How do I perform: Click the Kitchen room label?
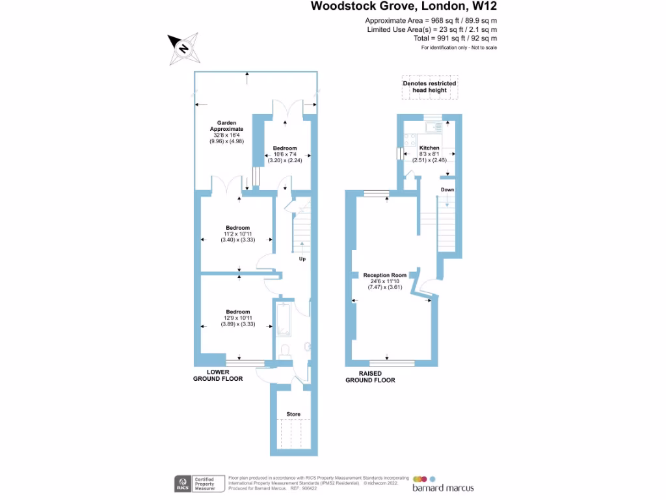(429, 148)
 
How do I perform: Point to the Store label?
(293, 414)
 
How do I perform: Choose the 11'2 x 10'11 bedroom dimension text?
(237, 234)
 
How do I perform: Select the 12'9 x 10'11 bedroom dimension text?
(237, 318)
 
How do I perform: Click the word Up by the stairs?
(302, 259)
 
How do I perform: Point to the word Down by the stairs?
(447, 189)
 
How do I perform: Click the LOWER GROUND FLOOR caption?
(218, 375)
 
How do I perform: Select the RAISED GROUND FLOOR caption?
(370, 377)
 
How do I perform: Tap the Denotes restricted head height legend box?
(429, 87)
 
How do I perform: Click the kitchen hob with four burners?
(411, 138)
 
